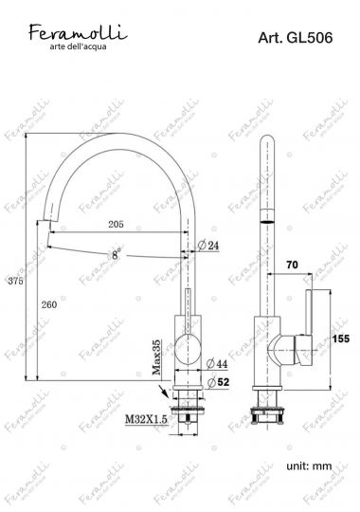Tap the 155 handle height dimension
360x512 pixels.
pyautogui.click(x=342, y=337)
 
